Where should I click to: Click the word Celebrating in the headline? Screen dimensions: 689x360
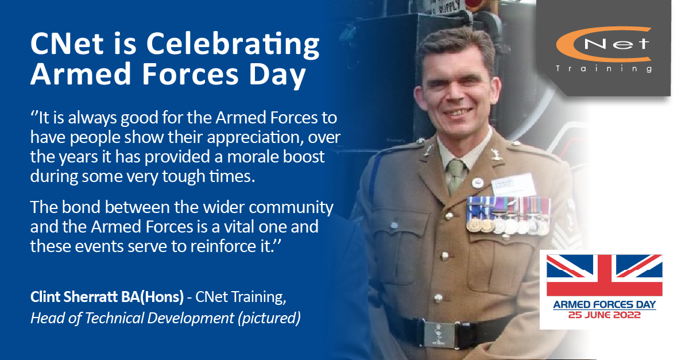(233, 45)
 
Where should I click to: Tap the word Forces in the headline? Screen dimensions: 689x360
(190, 74)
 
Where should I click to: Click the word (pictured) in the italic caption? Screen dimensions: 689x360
(269, 318)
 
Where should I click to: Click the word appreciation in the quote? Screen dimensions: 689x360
(253, 138)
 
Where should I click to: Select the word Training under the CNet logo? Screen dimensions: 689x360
(604, 68)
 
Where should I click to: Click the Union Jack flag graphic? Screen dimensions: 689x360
(604, 276)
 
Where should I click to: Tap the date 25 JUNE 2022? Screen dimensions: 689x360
(604, 315)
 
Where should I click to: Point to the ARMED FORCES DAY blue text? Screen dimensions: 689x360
(605, 305)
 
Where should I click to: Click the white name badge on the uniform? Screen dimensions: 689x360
(513, 185)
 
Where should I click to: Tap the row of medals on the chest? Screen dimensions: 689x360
(508, 216)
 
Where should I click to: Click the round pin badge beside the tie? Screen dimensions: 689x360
(477, 183)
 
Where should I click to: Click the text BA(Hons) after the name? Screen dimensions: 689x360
(152, 297)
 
